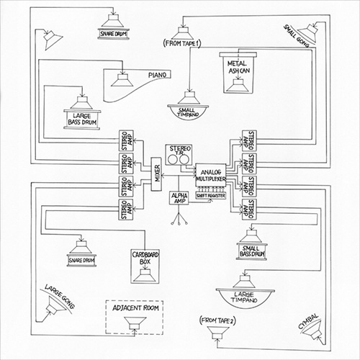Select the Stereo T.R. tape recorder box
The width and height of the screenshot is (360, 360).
pos(179,153)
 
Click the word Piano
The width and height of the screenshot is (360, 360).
pos(158,75)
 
